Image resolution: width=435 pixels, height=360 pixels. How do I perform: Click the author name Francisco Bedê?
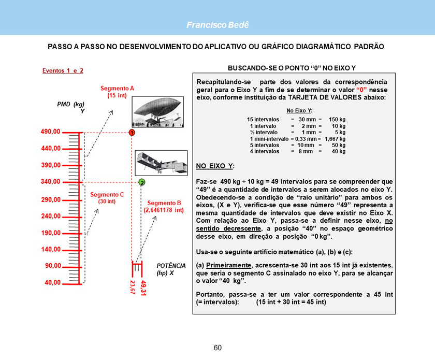pos(218,25)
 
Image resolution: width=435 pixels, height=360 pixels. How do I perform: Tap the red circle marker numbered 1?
pos(132,133)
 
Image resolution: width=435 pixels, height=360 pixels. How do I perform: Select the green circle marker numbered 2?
pos(141,182)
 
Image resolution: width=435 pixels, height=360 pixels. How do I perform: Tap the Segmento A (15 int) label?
pos(117,92)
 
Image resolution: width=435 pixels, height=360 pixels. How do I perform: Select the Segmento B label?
pos(164,207)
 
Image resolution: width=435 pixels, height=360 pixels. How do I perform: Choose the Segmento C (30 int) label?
pos(107,198)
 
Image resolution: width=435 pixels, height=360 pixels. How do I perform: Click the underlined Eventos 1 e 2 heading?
pos(63,70)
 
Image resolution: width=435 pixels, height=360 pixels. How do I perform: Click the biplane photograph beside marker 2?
pos(161,164)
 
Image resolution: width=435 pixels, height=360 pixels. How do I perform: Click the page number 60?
pos(218,348)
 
